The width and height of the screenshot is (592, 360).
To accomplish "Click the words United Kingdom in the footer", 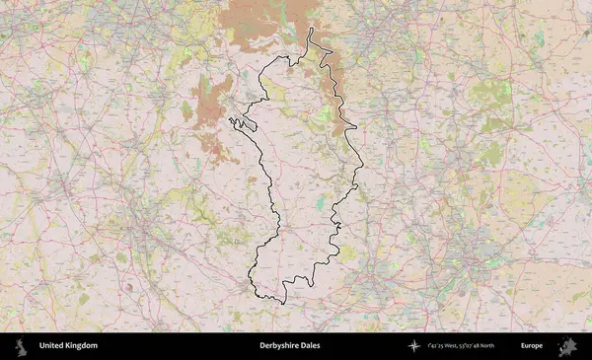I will click(x=68, y=346).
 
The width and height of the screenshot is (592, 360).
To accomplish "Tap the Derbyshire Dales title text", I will click(x=289, y=346).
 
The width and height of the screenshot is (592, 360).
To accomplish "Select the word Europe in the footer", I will click(x=532, y=346).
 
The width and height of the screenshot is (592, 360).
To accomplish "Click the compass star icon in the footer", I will click(x=414, y=346).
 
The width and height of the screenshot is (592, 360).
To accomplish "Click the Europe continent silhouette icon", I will click(x=567, y=346).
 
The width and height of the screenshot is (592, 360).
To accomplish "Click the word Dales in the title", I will click(x=308, y=346).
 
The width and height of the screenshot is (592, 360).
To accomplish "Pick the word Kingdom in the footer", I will click(x=81, y=346).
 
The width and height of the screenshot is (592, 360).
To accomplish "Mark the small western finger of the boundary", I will click(x=237, y=122).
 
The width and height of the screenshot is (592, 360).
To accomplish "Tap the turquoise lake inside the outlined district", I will click(x=321, y=204).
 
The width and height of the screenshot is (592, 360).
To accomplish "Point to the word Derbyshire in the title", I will click(x=277, y=346).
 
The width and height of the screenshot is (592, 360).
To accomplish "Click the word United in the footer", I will click(x=51, y=346).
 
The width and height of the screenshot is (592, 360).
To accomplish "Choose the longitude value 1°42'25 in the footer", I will click(x=437, y=346).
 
